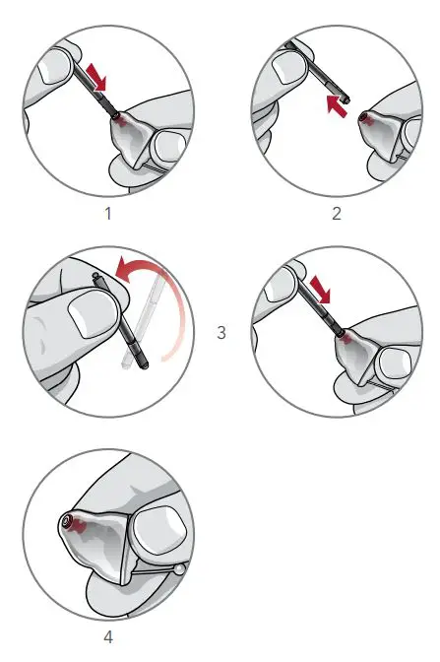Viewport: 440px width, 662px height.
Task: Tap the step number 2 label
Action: pos(337,211)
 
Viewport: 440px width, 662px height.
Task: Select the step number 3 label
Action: pos(220,332)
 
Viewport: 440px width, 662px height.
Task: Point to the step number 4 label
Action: pos(107,636)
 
